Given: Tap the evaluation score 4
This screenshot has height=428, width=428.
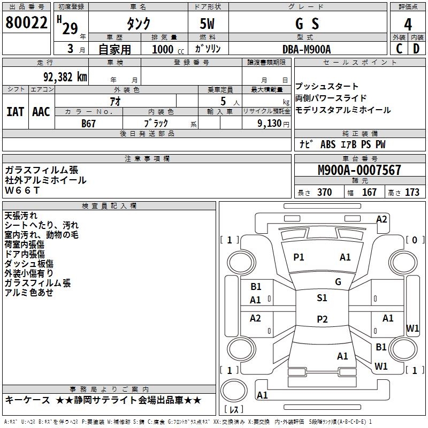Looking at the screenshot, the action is (408, 25).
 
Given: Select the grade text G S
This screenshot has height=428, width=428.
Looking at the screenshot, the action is (307, 24).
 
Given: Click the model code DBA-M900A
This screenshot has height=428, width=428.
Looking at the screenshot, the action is (307, 49).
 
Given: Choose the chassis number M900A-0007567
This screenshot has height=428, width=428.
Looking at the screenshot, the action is (360, 170).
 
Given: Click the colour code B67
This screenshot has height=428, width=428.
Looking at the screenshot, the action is (89, 123).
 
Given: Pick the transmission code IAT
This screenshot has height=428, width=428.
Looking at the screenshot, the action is (16, 112).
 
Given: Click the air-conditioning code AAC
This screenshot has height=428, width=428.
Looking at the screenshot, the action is (41, 112).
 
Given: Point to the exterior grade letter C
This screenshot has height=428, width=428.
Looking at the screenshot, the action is (399, 49).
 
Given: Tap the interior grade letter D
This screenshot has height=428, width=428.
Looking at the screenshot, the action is (417, 49).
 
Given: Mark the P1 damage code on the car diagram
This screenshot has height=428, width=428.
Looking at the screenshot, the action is (299, 257).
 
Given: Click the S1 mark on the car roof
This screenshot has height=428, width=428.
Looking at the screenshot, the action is (322, 298).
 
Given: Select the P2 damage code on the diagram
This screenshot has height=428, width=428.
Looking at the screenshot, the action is (322, 319).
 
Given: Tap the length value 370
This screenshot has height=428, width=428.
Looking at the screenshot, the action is (324, 192).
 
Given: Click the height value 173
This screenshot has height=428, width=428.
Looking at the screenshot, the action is (412, 192).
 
